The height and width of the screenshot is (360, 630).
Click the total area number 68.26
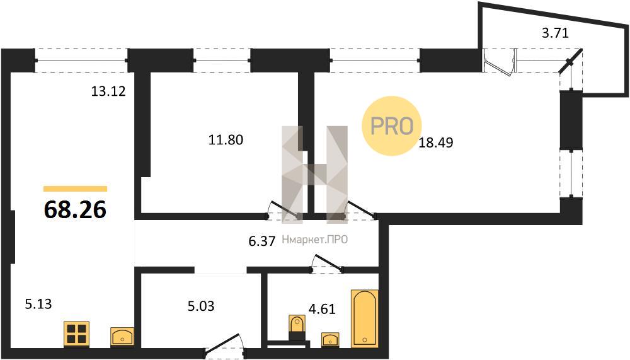click(75, 209)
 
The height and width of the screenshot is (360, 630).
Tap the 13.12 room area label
click(108, 91)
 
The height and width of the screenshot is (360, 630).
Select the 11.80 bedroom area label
click(226, 139)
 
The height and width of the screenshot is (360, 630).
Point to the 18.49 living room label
click(436, 142)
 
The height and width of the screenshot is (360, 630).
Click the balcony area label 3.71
click(555, 33)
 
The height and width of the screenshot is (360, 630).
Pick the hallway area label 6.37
click(262, 241)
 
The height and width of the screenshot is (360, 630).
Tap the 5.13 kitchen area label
click(38, 304)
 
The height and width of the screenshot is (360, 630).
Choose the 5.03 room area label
click(201, 306)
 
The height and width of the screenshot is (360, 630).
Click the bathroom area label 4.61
click(322, 309)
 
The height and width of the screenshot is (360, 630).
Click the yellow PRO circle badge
click(391, 126)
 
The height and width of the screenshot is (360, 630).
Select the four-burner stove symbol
click(76, 334)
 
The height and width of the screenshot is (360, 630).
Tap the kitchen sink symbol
click(122, 337)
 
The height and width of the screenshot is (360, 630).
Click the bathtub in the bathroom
click(364, 318)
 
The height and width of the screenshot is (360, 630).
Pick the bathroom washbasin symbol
click(330, 340)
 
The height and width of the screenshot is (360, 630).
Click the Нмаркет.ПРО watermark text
click(314, 240)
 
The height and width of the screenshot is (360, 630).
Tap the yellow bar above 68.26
click(75, 189)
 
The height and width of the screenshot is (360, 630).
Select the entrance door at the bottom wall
click(224, 346)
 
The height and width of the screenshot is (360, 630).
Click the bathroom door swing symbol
click(326, 264)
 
